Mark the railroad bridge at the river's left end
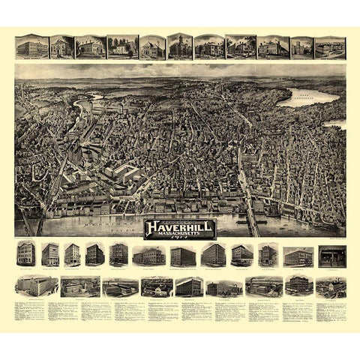[30, 223]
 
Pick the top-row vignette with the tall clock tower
[179, 46]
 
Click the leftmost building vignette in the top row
[28, 47]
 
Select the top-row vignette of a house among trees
[121, 47]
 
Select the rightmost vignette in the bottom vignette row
[330, 286]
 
